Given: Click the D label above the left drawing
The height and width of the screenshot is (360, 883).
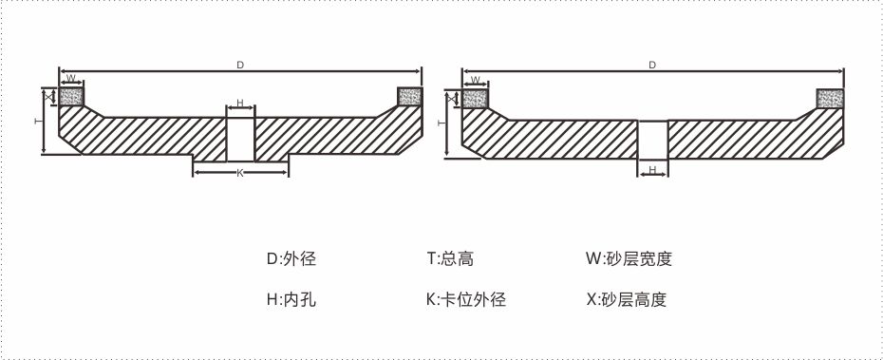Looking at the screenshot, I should (240, 65).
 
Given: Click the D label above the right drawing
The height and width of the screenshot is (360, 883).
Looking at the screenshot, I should (652, 65).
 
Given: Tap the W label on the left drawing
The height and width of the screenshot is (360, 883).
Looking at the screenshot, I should (70, 79).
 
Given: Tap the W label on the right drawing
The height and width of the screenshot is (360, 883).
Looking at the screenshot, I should (474, 80).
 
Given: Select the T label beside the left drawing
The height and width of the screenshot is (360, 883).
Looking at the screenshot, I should (37, 122).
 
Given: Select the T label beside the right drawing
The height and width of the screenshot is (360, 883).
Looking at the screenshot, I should (441, 123).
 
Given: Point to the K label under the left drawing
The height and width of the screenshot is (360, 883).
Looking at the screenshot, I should (240, 174).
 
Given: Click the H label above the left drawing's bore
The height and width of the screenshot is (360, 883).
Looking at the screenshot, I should (240, 103).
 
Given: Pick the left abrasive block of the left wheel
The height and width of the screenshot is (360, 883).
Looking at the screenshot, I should (71, 95).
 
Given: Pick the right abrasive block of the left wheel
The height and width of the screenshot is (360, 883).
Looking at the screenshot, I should (409, 95).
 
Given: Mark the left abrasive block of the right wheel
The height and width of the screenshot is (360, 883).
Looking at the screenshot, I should (475, 96).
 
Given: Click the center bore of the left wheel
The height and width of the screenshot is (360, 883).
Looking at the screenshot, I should (240, 138).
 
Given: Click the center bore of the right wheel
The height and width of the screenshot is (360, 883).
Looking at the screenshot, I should (652, 140).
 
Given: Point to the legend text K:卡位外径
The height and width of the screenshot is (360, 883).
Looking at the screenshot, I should (466, 299).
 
